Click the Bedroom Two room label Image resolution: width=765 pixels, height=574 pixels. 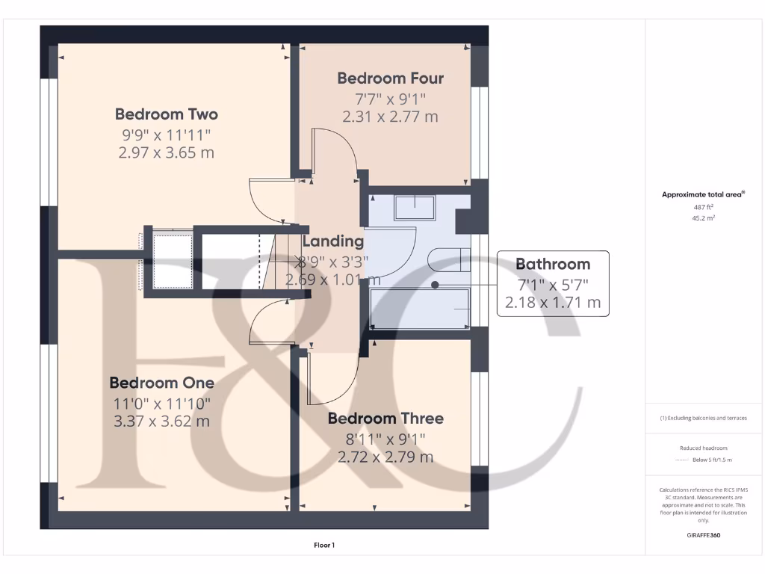(x=166, y=114)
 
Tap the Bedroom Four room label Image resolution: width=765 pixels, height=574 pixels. (x=390, y=78)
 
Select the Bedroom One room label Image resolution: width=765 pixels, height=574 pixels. (x=161, y=383)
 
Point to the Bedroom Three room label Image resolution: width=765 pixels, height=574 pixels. (x=385, y=419)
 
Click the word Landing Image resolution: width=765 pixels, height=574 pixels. (x=333, y=241)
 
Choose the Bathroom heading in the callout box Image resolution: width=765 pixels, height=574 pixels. (x=553, y=264)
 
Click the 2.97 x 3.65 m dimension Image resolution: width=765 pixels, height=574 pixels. (x=166, y=152)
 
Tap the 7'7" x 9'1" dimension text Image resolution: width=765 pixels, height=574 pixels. (x=390, y=98)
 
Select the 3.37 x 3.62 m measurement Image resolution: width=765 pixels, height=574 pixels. (x=161, y=421)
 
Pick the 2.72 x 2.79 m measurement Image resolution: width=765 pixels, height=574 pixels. (x=385, y=457)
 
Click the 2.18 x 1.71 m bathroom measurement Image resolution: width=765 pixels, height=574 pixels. (x=553, y=302)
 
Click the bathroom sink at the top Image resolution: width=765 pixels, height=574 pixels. (x=415, y=207)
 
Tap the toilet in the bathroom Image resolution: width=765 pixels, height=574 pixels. (x=448, y=260)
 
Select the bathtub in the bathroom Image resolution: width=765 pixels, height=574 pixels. (x=420, y=309)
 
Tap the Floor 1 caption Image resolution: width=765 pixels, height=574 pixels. (x=324, y=546)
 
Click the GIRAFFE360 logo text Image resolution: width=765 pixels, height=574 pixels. (x=703, y=535)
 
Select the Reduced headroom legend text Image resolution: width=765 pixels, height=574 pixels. (x=703, y=448)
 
